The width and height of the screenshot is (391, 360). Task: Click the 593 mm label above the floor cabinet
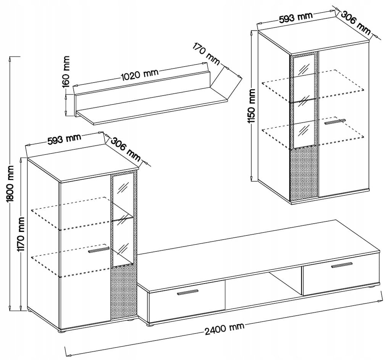click(64, 139)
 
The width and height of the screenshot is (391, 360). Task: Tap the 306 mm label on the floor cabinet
click(126, 149)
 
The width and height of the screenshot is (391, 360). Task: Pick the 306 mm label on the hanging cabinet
click(355, 22)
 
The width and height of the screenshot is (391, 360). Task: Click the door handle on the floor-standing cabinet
click(99, 250)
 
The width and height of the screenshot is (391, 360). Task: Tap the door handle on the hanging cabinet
click(334, 122)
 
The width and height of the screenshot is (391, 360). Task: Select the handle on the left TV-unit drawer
click(188, 292)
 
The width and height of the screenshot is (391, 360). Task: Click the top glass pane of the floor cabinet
click(123, 191)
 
